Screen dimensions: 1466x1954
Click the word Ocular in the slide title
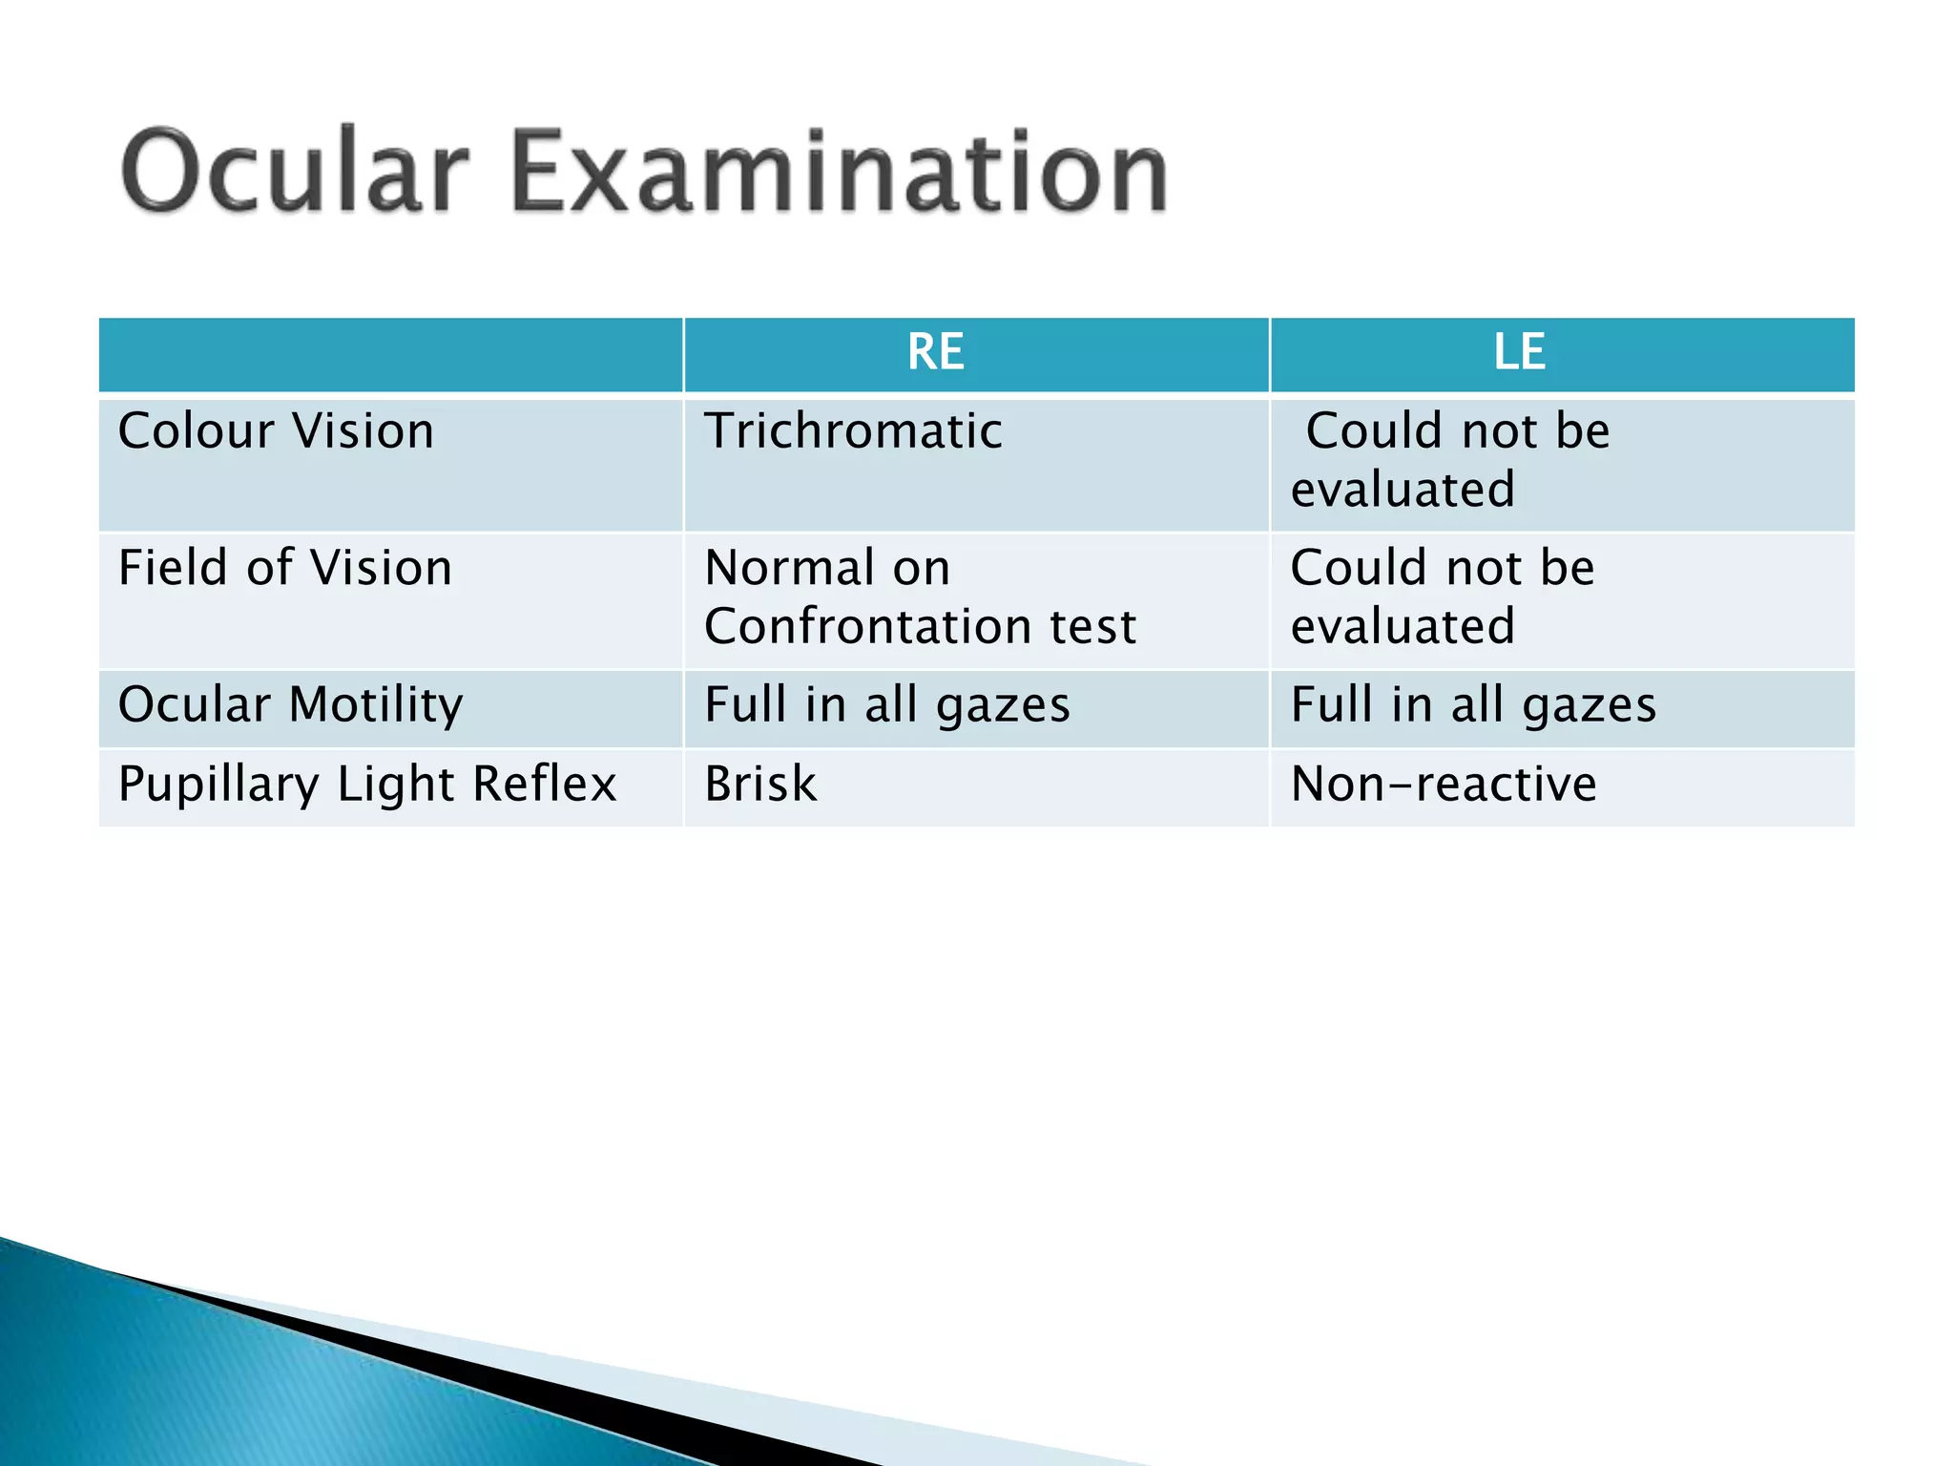point(294,172)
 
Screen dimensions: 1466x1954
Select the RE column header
point(935,352)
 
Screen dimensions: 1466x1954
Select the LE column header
point(1519,352)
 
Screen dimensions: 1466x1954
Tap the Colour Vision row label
point(276,431)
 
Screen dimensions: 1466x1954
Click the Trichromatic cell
point(853,431)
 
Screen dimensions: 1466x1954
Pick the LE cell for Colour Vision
point(1450,460)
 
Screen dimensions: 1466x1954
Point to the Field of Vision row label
point(284,568)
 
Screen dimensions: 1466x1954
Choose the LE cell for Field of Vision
point(1443,597)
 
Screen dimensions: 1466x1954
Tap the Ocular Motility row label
point(290,705)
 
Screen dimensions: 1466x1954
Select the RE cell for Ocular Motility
point(887,705)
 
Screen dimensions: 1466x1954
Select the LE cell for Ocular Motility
point(1473,705)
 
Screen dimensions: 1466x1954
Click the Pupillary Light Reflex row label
point(367,785)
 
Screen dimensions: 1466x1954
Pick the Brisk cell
point(760,785)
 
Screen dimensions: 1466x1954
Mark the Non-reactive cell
point(1443,785)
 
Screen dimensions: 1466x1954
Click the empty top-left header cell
point(390,354)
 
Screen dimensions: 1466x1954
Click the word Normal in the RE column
point(790,568)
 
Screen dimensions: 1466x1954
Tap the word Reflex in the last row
point(545,785)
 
